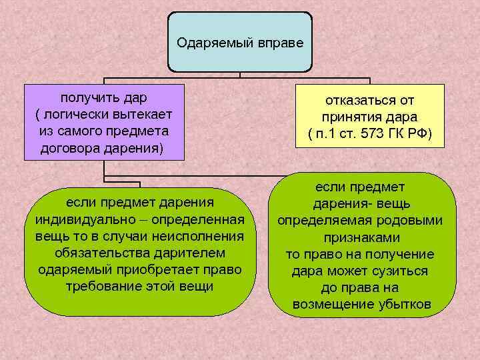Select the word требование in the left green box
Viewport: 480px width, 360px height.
coord(101,287)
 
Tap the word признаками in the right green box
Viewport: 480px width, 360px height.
coord(362,237)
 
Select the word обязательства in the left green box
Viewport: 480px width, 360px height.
coord(97,253)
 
